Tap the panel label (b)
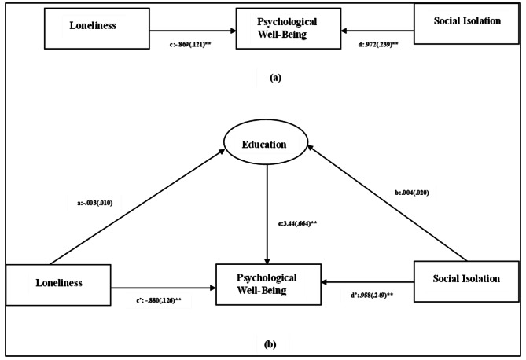267,343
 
